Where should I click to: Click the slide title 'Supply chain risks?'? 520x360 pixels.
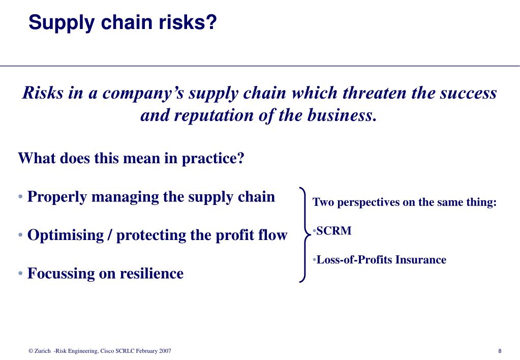(x=123, y=22)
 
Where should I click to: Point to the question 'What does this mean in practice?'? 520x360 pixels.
(x=131, y=158)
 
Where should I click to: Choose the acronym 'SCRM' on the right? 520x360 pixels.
(x=334, y=231)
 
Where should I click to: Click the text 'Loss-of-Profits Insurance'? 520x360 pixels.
(x=381, y=260)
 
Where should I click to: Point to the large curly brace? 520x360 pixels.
(x=303, y=234)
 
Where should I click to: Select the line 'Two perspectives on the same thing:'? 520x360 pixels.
(x=404, y=202)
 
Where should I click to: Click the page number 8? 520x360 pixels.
(x=500, y=351)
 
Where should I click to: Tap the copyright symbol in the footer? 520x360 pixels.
(x=30, y=351)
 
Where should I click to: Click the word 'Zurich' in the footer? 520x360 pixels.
(x=43, y=351)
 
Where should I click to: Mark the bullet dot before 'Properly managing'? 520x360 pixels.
(x=20, y=197)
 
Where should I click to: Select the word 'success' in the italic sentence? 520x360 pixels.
(x=468, y=93)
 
